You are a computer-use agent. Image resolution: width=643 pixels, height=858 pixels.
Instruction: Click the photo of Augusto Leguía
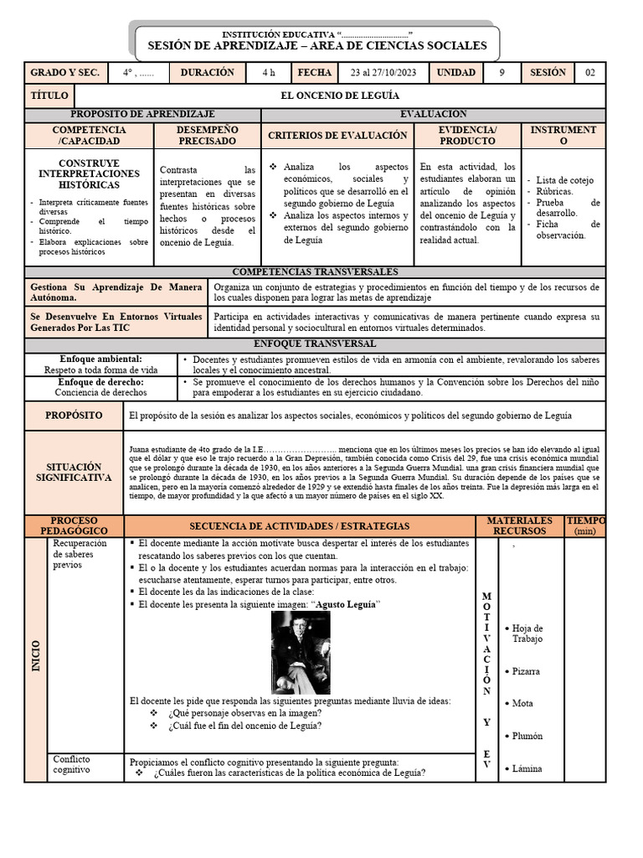[x=301, y=652]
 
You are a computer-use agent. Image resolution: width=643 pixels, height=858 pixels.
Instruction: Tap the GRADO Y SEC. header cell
[x=64, y=73]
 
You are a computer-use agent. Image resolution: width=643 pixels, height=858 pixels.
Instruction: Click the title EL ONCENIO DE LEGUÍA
[x=339, y=96]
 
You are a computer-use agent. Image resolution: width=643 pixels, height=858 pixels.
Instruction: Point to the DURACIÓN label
[x=208, y=73]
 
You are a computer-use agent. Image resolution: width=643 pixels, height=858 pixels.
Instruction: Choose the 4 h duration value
[x=268, y=73]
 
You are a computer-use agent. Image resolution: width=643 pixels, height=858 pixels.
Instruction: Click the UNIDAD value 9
[x=502, y=73]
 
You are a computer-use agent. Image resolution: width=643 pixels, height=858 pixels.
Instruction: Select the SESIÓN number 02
[x=589, y=73]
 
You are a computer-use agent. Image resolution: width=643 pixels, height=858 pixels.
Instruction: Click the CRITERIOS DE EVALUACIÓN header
[x=337, y=135]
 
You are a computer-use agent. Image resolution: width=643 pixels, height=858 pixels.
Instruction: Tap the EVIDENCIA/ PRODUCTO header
[x=468, y=135]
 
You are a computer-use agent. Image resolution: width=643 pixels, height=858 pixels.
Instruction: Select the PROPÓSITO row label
[x=74, y=416]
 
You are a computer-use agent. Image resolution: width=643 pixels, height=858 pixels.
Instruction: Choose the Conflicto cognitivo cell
[x=71, y=764]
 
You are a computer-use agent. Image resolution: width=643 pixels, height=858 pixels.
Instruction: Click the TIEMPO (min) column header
[x=585, y=525]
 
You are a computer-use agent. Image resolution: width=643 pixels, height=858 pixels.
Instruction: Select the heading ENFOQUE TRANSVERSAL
[x=315, y=344]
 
